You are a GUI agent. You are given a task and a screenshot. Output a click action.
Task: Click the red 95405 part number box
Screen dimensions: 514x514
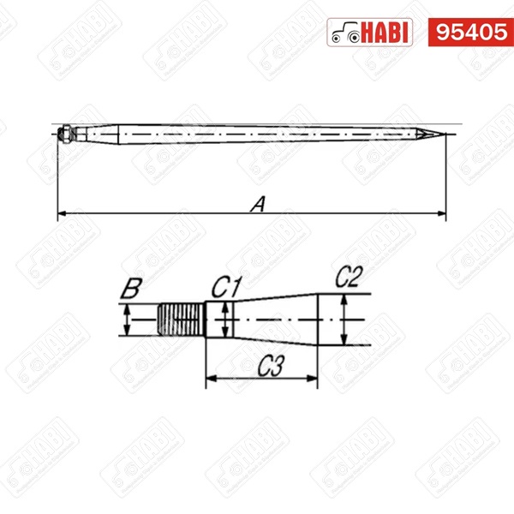click(x=470, y=33)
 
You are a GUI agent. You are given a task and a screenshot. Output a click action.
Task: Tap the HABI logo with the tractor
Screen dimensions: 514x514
click(x=370, y=33)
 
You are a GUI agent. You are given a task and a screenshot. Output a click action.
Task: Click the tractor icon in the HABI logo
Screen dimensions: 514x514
click(x=346, y=33)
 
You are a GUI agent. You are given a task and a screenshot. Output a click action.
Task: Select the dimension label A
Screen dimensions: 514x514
click(x=258, y=204)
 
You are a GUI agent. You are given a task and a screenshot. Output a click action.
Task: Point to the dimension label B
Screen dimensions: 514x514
click(x=131, y=289)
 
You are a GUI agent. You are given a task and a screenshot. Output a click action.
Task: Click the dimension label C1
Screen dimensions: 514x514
click(x=226, y=288)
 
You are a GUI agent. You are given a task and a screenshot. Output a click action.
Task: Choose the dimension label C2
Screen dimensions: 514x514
click(x=350, y=277)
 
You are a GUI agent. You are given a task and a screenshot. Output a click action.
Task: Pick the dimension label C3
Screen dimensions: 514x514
click(x=271, y=366)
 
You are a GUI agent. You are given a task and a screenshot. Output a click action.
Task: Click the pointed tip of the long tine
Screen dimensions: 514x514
click(x=445, y=134)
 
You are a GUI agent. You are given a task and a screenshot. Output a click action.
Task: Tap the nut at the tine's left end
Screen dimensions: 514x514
click(x=66, y=134)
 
